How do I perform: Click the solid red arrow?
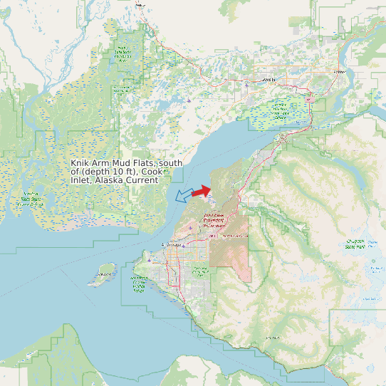pyautogui.click(x=202, y=191)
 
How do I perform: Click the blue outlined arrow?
pyautogui.click(x=184, y=194)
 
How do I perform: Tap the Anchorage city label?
pyautogui.click(x=173, y=246)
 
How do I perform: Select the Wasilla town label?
pyautogui.click(x=268, y=80)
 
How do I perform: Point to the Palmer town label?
pyautogui.click(x=340, y=71)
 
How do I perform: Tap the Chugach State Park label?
pyautogui.click(x=355, y=244)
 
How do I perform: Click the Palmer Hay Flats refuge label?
pyautogui.click(x=280, y=110)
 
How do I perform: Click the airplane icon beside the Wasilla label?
pyautogui.click(x=247, y=85)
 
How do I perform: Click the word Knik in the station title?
pyautogui.click(x=80, y=163)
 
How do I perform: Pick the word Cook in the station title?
pyautogui.click(x=151, y=172)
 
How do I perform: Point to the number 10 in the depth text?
pyautogui.click(x=118, y=172)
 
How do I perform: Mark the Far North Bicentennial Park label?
pyautogui.click(x=201, y=271)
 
